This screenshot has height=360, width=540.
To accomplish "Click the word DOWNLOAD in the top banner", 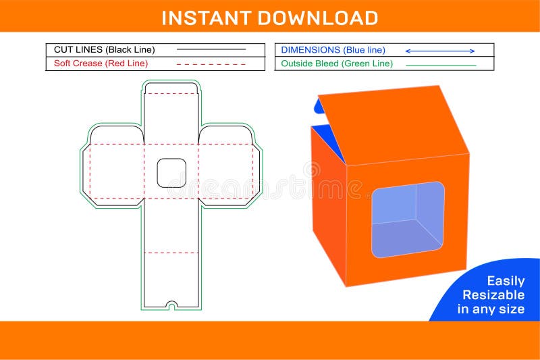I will click(x=314, y=18).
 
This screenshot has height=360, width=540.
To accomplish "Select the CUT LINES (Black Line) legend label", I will click(x=104, y=49).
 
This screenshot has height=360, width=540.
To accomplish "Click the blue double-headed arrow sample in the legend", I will click(x=440, y=51).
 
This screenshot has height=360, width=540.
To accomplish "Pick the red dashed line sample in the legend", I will click(x=211, y=64).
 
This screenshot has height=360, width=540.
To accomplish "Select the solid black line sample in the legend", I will click(x=211, y=49).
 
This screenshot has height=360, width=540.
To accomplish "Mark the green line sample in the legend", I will click(x=440, y=65).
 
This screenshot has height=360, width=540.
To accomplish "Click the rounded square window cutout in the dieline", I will click(x=171, y=173).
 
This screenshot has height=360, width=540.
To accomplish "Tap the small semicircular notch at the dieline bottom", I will click(x=171, y=305).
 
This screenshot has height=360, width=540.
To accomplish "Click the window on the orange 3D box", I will click(x=408, y=219).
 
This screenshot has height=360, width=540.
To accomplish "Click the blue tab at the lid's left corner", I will click(x=319, y=105).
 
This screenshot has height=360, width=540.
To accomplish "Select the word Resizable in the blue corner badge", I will click(x=493, y=295).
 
